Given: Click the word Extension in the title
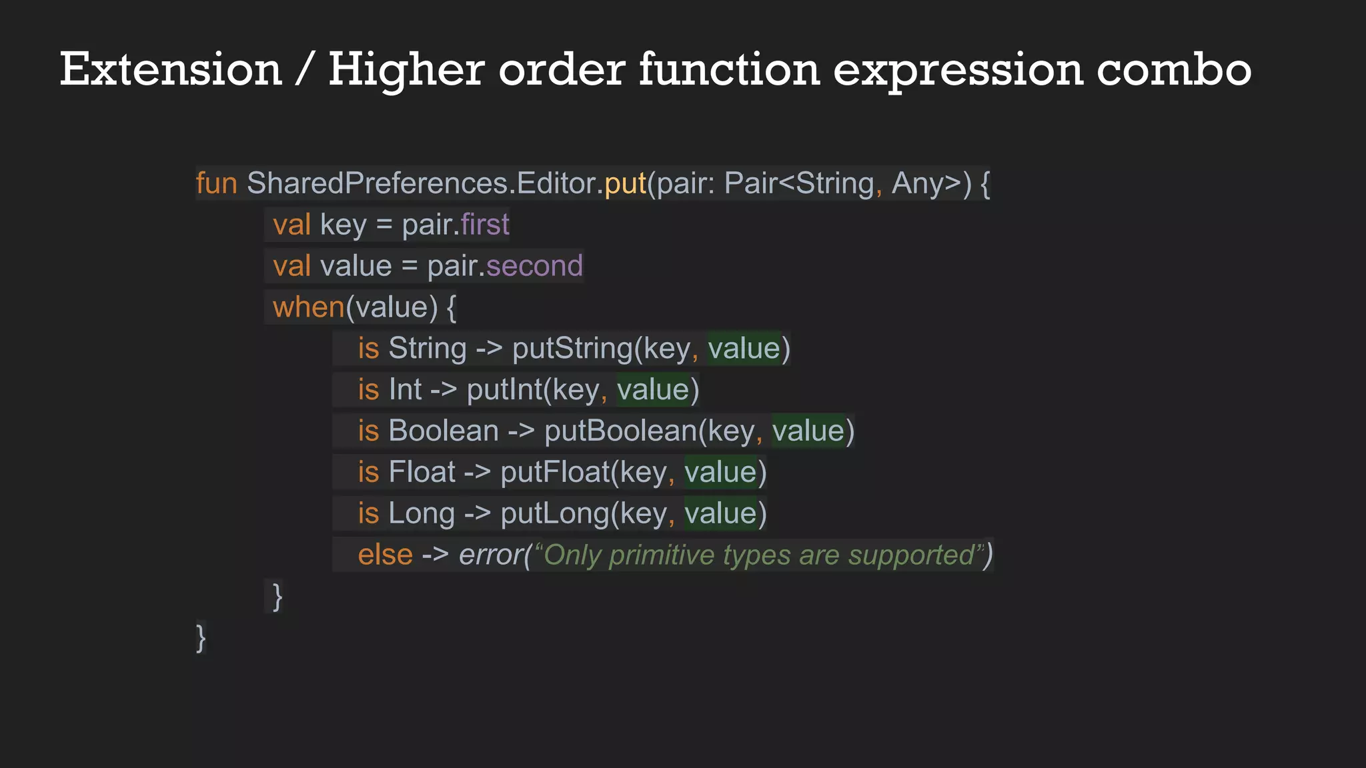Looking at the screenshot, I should coord(171,69).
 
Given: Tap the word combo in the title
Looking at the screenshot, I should coord(1174,69).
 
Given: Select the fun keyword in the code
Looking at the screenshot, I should coord(216,183).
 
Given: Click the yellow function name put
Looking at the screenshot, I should coord(625,183).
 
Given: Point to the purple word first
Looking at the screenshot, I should coord(485,225).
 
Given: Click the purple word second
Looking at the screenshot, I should coord(534,266).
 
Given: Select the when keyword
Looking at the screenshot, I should coord(308,307).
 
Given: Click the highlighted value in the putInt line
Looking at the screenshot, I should coord(653,390).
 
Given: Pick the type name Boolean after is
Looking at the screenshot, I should coord(444,431).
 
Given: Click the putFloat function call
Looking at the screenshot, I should coord(555,473).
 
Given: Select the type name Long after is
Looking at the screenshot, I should coord(422,514).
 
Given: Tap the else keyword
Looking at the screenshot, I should coord(385,555).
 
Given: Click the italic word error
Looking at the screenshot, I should coord(490,555).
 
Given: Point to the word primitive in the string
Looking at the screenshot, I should coord(662,555).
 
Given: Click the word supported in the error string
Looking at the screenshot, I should coord(911,555).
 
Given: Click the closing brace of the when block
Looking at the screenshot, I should coord(277,596).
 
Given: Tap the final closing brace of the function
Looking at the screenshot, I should coord(201,637).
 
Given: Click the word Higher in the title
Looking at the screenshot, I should coord(406,69).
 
